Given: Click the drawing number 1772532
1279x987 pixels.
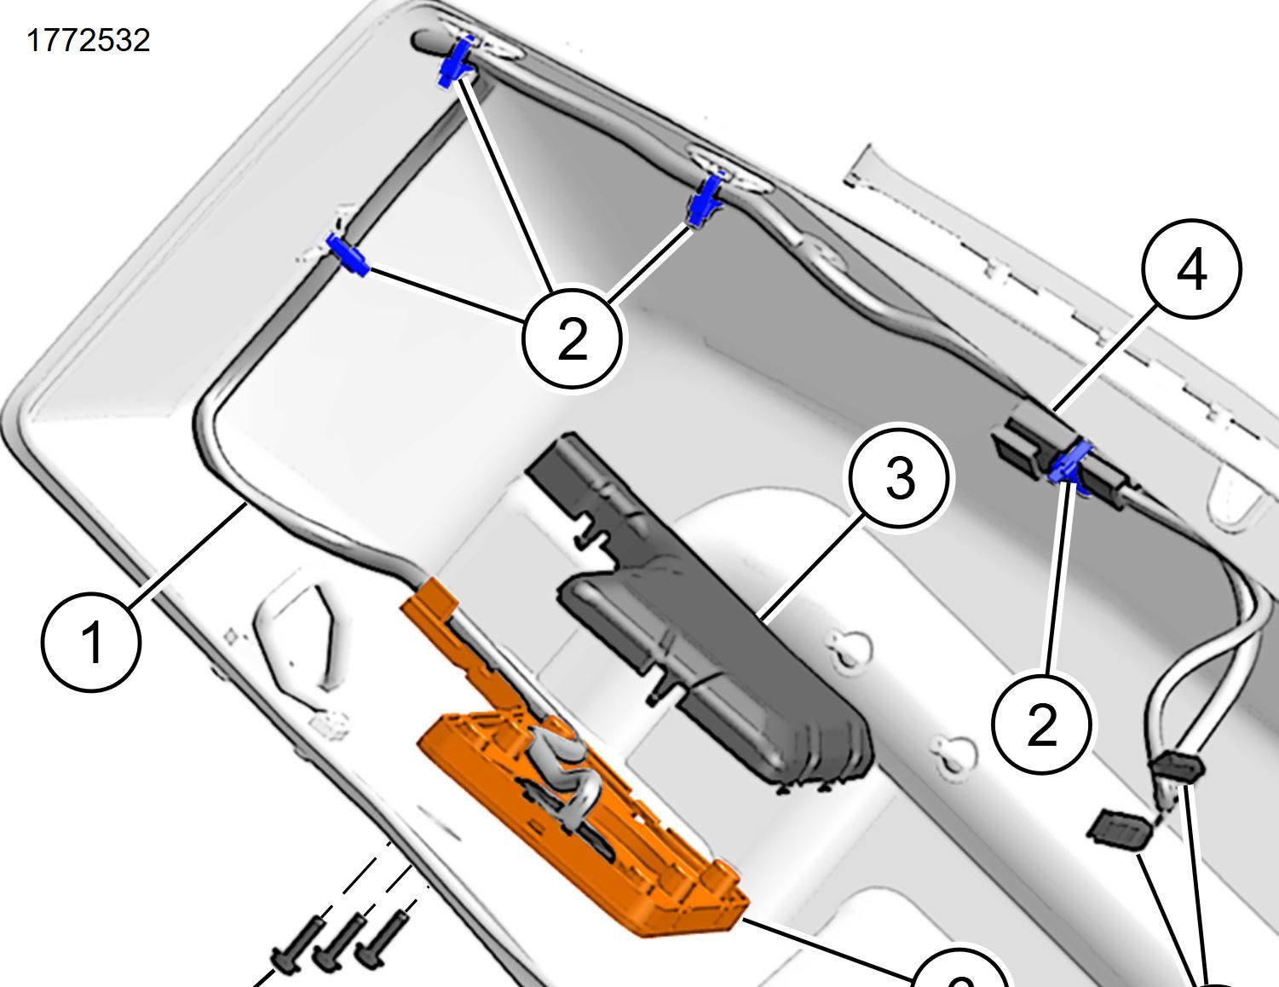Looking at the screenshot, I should point(89,41).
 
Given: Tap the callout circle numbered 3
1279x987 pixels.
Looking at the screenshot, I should point(900,478).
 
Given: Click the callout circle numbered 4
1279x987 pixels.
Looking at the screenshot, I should point(1190,269).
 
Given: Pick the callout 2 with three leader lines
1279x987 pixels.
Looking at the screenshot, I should point(572,338).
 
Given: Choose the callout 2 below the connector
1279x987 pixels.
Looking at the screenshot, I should point(1041,724).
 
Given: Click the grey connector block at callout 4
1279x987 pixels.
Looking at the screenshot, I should point(1023,443).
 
